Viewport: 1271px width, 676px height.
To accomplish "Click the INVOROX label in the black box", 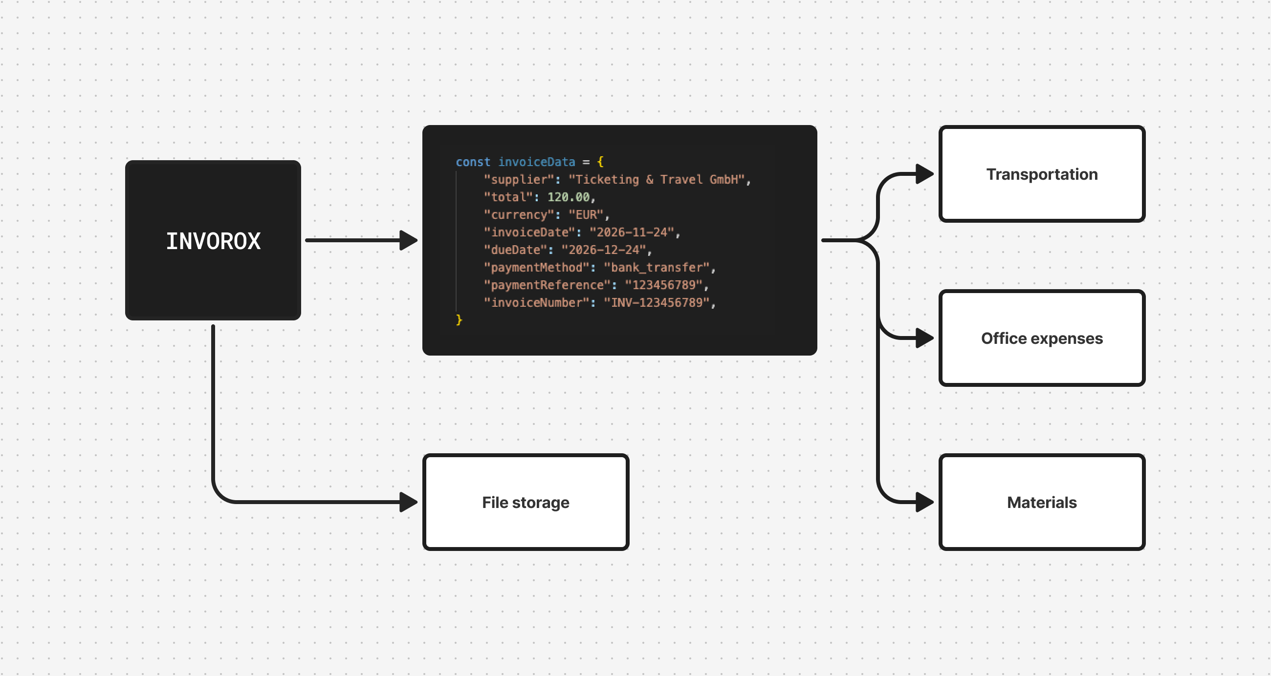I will pos(213,241).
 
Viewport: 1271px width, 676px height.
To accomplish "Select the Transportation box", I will pos(1042,174).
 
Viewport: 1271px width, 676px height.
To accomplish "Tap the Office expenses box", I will pos(1042,338).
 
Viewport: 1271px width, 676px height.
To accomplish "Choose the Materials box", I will pos(1042,502).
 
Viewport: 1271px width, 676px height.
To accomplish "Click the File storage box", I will pos(526,502).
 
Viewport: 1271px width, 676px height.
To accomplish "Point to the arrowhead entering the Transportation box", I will pos(923,174).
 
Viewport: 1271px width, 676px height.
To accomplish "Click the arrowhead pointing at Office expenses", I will pos(923,338).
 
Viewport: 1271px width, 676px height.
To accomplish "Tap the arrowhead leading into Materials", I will pos(923,502).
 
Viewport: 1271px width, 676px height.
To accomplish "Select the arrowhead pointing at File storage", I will pos(408,502).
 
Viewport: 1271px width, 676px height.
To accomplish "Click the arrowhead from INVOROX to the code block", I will pos(408,240).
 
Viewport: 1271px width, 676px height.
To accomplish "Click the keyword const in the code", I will pos(473,162).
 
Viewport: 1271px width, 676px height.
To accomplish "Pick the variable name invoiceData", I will pos(536,162).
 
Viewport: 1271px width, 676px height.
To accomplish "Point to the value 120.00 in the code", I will pos(569,197).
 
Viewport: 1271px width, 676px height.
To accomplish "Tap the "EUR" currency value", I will pos(586,215).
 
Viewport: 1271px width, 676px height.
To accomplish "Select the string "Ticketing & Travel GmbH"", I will pos(656,179).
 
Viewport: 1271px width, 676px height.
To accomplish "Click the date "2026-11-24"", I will pos(632,232).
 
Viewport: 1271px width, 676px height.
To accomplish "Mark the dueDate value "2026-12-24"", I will pos(603,250).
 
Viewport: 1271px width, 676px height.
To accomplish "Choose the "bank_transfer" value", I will pos(656,268).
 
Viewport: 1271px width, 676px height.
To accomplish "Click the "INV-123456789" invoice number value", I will pos(656,303).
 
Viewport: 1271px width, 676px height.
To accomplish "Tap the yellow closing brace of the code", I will pos(459,320).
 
